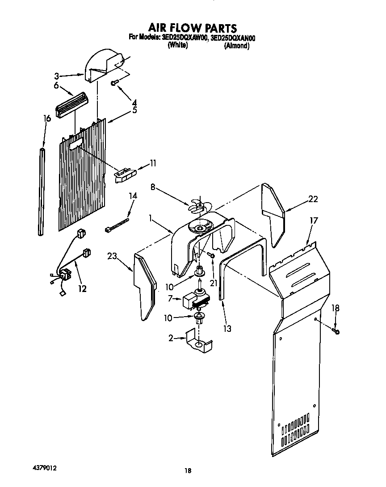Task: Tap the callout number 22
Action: coord(313,199)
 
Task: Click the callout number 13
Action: coord(227,329)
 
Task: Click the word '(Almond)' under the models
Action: coord(236,46)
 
